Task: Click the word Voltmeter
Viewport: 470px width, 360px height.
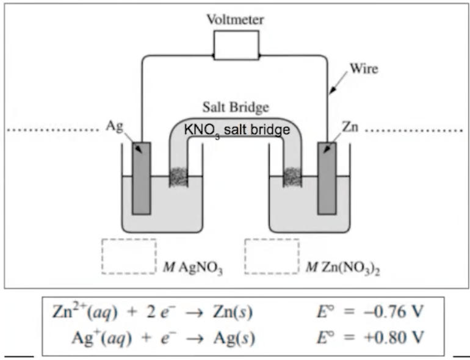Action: [x=236, y=20]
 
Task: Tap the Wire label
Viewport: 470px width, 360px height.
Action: [x=364, y=68]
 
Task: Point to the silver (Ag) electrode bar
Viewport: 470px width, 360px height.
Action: [x=141, y=178]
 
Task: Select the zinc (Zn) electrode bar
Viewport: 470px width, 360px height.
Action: [x=327, y=178]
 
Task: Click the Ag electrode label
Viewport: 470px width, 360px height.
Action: [x=115, y=126]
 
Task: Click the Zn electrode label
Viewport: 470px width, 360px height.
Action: [x=350, y=127]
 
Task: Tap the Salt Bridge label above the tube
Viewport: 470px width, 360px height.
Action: [x=236, y=107]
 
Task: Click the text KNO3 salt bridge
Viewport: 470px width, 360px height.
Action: [x=237, y=130]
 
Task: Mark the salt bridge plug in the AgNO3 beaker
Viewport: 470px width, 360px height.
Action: [x=179, y=177]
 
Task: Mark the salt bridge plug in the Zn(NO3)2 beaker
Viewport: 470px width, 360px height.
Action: [x=292, y=177]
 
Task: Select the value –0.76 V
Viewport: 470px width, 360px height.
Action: [x=393, y=312]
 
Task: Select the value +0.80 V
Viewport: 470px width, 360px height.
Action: [x=393, y=337]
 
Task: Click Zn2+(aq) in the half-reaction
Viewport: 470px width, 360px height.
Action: [x=85, y=312]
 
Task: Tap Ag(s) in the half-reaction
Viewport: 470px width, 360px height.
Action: [x=234, y=338]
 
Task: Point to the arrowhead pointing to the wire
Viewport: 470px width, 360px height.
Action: [x=332, y=90]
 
